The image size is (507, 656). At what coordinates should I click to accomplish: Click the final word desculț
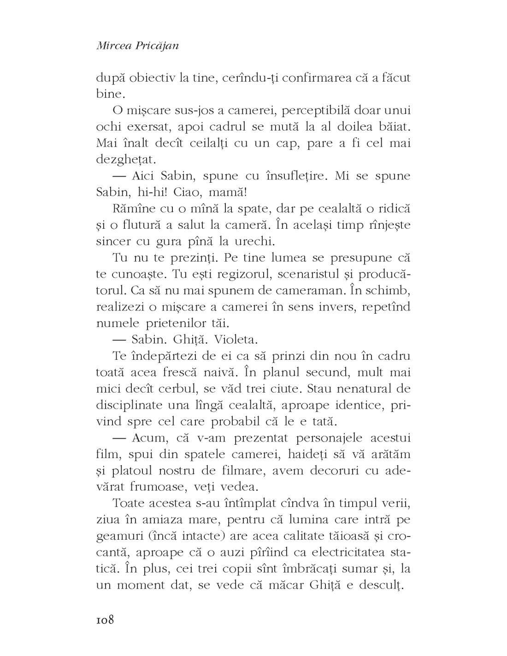click(383, 585)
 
